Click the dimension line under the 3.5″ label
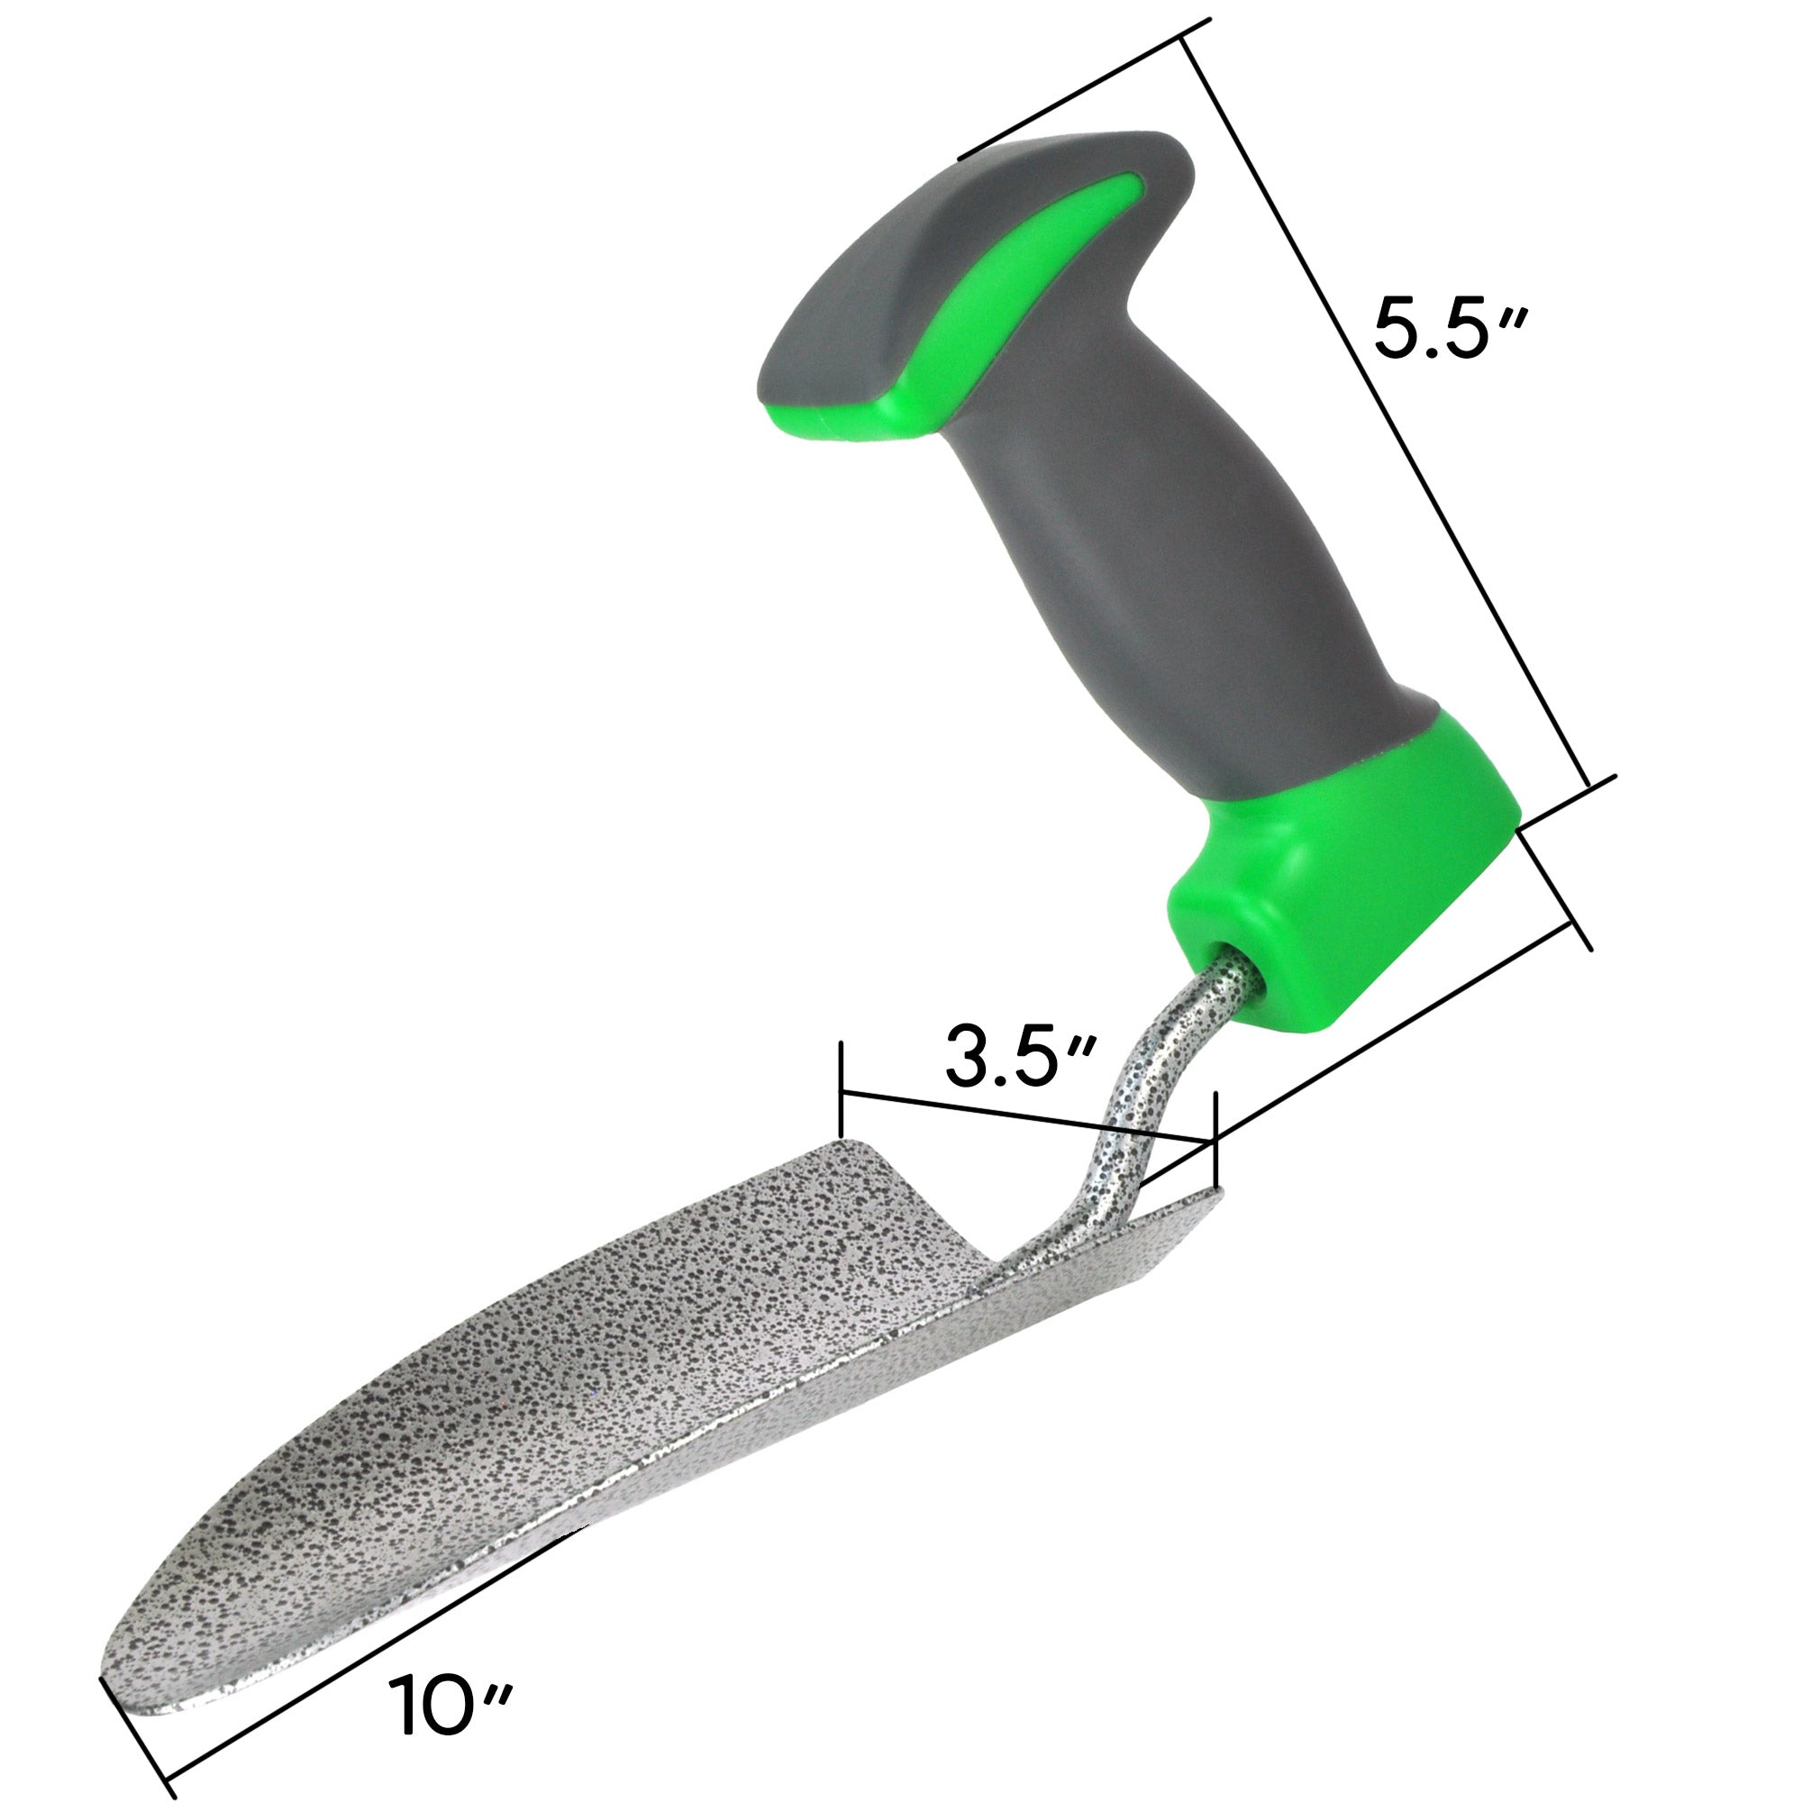(1026, 1116)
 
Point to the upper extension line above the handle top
(1082, 88)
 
